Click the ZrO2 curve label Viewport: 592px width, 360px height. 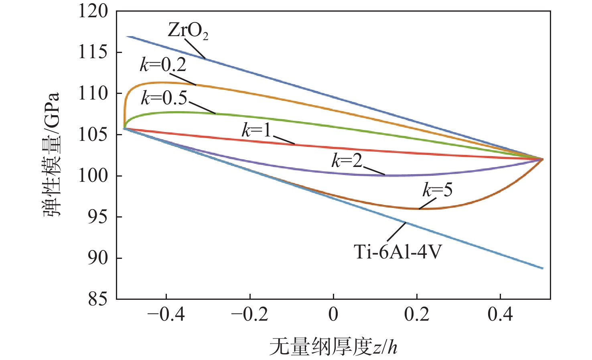[188, 31]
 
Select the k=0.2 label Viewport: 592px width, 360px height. [163, 65]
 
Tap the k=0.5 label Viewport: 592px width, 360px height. [164, 98]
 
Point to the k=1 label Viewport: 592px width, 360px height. [256, 130]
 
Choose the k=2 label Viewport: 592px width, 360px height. [347, 161]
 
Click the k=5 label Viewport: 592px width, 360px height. [437, 189]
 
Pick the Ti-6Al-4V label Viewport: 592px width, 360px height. [397, 252]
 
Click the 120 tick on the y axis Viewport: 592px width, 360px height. [93, 11]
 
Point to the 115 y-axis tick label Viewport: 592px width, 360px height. [93, 52]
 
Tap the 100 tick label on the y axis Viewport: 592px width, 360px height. [93, 175]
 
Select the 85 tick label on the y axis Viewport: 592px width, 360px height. [98, 299]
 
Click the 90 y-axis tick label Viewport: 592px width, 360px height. [98, 258]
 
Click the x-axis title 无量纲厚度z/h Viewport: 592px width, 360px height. [333, 346]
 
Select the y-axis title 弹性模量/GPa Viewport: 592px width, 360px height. [52, 155]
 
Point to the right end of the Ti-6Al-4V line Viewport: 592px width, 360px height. [543, 268]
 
